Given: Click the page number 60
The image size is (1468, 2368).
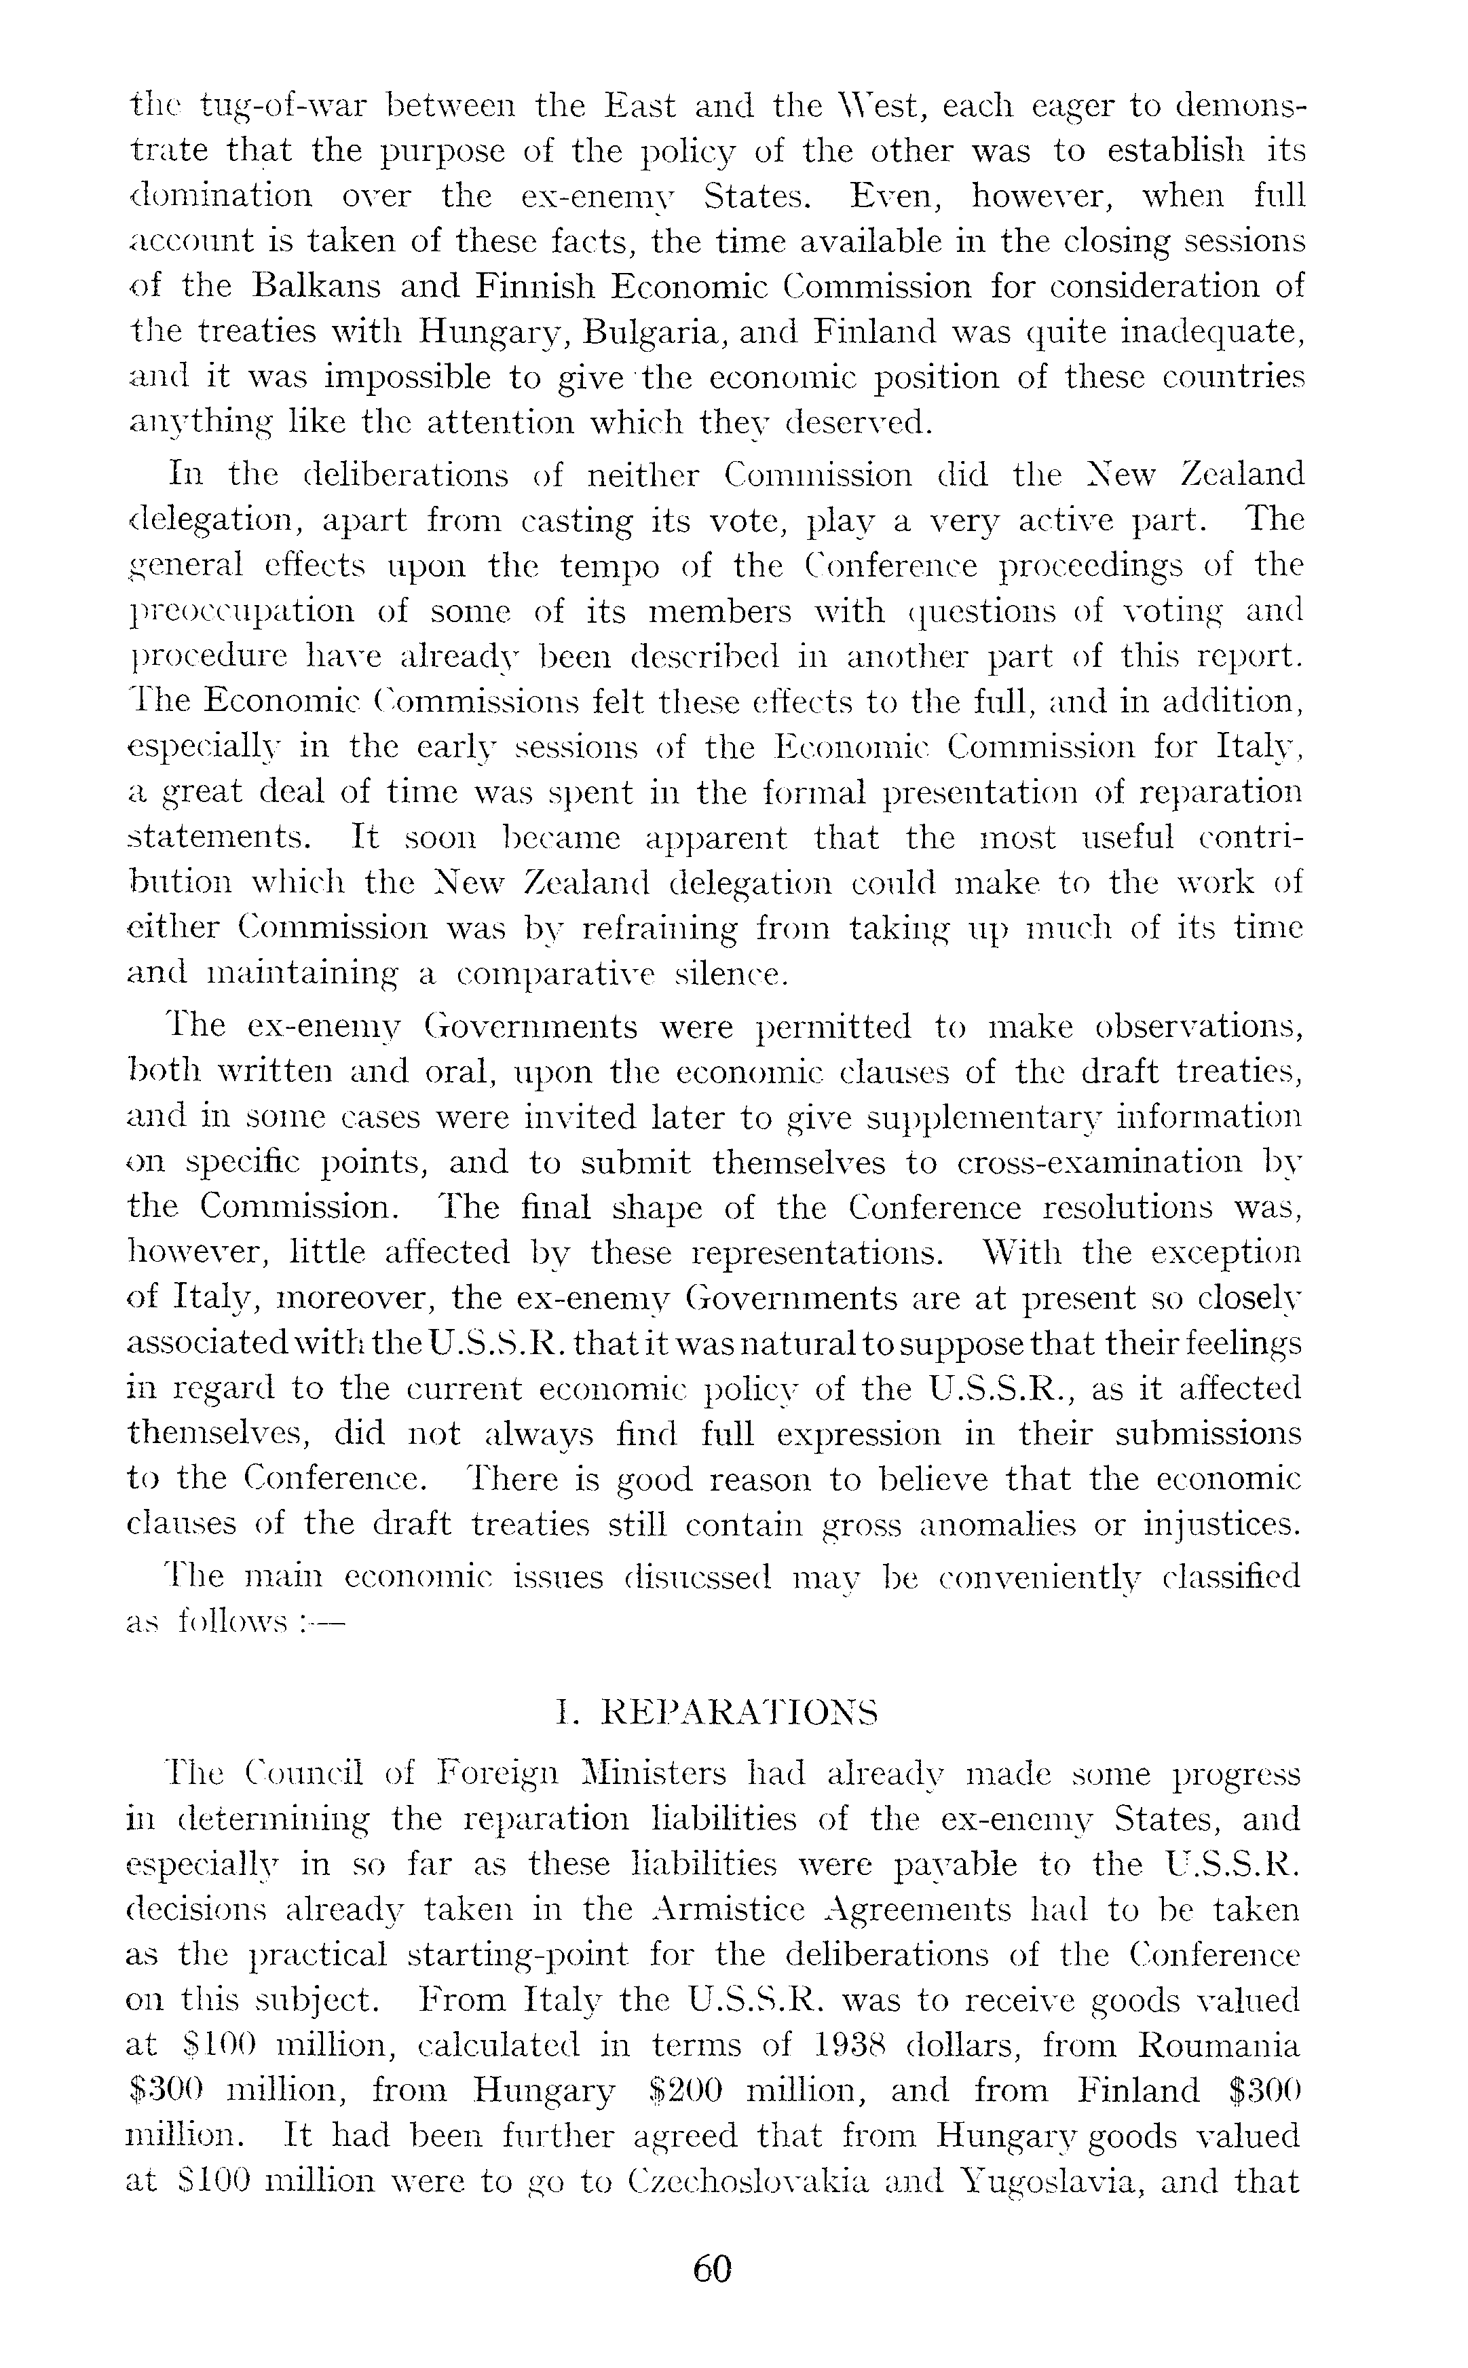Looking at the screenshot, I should [712, 2289].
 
